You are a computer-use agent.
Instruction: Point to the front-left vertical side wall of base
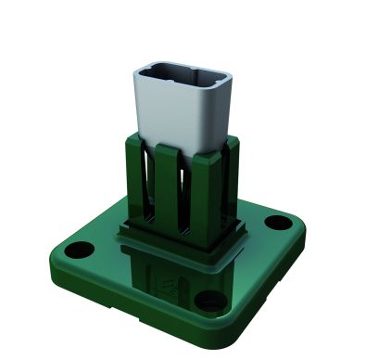pyautogui.click(x=120, y=302)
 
